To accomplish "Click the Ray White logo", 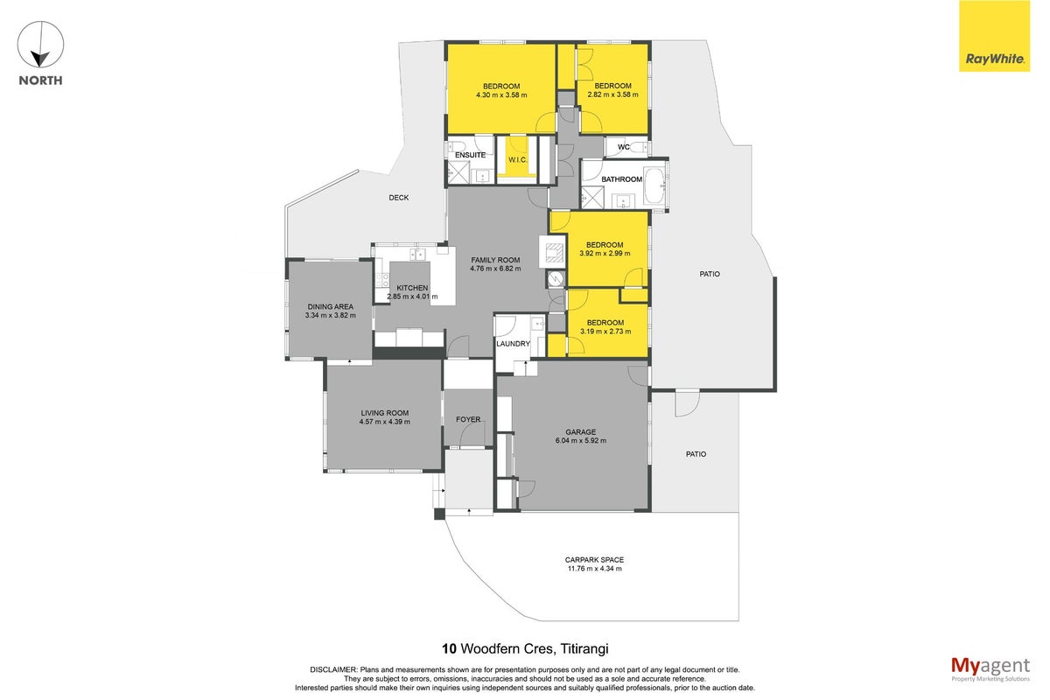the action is pos(994,36).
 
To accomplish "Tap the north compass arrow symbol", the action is pos(41,44).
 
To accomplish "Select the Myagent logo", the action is pos(990,669).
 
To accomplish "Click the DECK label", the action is pos(398,198).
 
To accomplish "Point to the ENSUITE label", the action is pos(470,155).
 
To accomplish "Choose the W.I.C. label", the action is pos(517,160).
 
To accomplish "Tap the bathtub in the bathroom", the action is pos(654,185).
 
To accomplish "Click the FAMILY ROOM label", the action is pos(495,260).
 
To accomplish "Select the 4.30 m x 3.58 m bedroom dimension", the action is pos(501,95).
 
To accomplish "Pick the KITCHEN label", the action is pos(412,288).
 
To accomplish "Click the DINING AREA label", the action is pos(331,306).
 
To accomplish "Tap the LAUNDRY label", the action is pos(514,344).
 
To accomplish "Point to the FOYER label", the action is pos(468,420).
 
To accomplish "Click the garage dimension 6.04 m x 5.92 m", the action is pos(581,441).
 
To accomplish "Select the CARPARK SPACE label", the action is pos(594,560).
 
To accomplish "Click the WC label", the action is pos(623,147).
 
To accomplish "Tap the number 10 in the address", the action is pos(449,649).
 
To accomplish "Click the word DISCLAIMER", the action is pos(333,670).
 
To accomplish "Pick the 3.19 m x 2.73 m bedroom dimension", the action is pos(605,332).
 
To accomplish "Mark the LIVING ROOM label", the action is pos(385,413).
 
